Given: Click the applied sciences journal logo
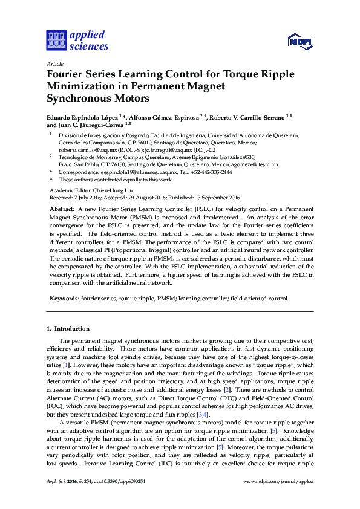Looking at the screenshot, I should pos(77,41).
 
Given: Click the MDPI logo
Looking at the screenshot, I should pos(300,42).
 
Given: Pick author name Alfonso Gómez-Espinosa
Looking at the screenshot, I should pos(165,115).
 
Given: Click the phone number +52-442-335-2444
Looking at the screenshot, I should pos(211,172).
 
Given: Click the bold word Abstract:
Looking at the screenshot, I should pos(62,207).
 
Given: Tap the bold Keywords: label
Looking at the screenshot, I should pos(64,299).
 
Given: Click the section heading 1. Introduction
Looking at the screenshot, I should pos(68,329).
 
